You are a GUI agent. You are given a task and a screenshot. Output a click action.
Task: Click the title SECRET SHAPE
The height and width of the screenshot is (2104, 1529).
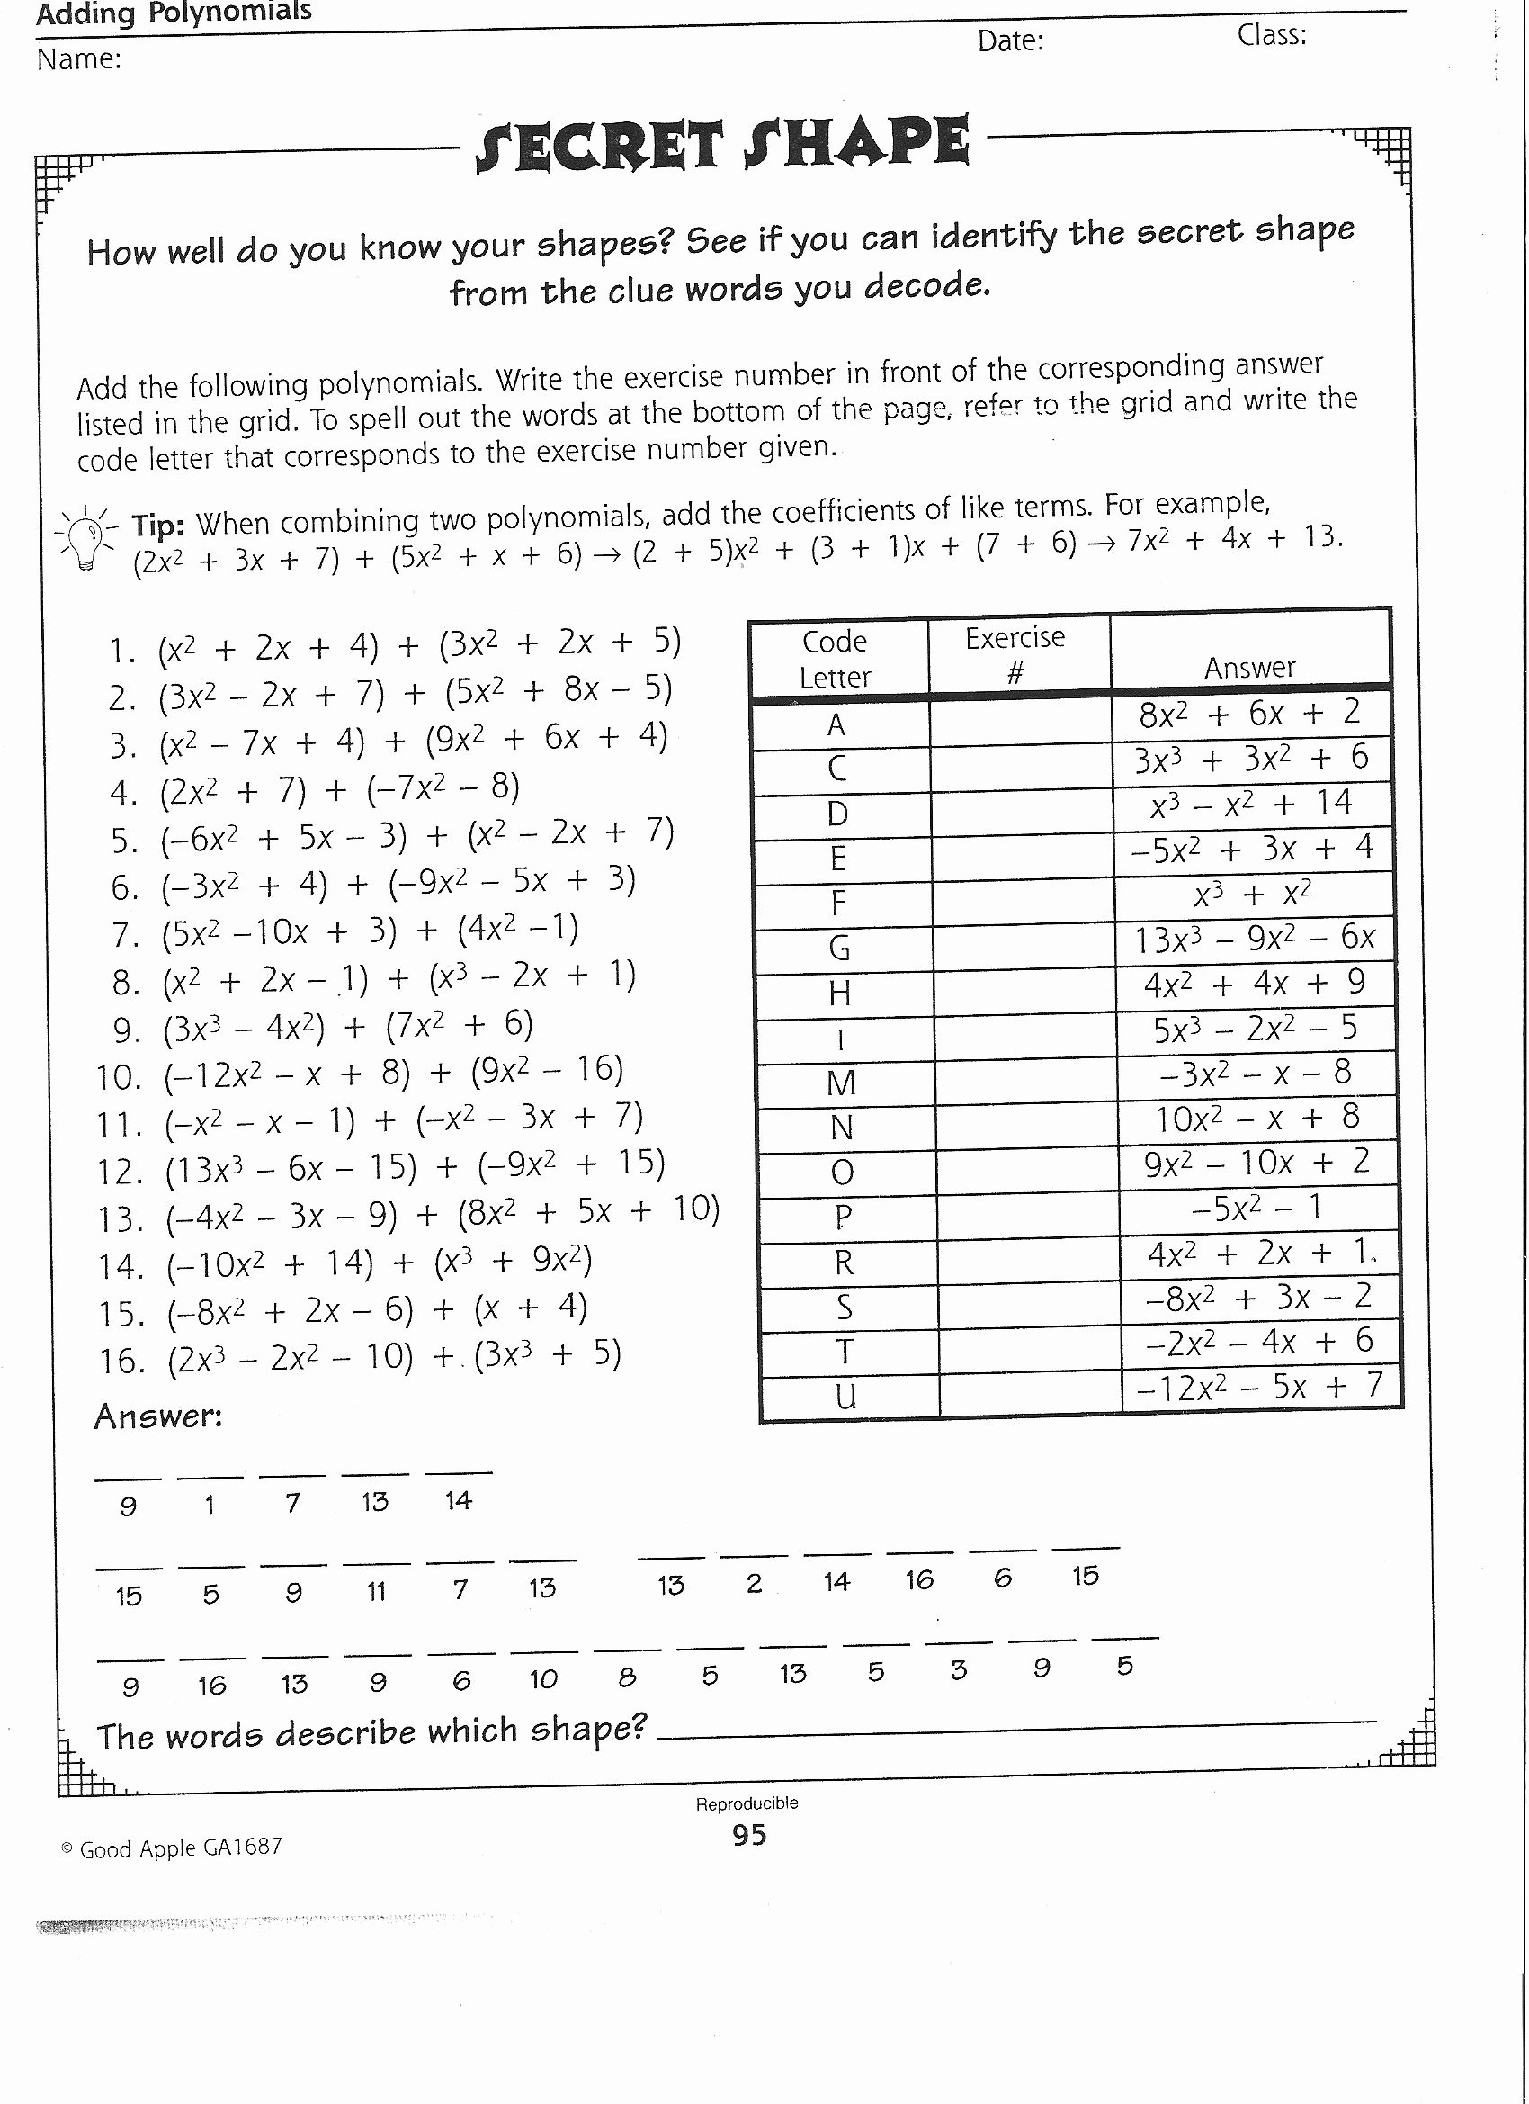(x=722, y=145)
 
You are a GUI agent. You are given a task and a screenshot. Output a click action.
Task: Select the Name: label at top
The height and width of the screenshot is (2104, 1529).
(x=79, y=59)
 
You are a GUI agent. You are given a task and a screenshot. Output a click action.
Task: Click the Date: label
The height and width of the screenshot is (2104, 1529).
(x=1010, y=40)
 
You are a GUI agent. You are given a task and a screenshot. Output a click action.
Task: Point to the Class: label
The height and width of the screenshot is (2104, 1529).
(x=1271, y=36)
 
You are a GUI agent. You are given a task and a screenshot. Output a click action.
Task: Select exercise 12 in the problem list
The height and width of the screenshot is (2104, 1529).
(x=381, y=1168)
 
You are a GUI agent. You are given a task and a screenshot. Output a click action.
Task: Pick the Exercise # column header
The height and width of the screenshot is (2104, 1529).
(x=1015, y=654)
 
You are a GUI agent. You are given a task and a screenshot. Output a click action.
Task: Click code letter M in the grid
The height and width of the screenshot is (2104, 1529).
(x=841, y=1083)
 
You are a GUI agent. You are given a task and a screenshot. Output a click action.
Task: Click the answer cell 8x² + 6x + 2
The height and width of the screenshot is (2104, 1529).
(x=1250, y=715)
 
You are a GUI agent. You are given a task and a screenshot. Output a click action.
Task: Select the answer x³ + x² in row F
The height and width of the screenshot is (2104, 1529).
(x=1252, y=895)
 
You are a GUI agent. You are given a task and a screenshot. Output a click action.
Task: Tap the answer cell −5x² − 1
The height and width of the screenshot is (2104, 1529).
(x=1256, y=1209)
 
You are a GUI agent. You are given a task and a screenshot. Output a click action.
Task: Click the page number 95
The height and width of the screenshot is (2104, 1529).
(x=748, y=1835)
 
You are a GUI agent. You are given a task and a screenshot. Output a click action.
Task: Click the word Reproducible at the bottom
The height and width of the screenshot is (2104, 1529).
(x=747, y=1803)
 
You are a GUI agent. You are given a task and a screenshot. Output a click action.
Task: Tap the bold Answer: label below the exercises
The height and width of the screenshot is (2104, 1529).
(x=157, y=1416)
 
